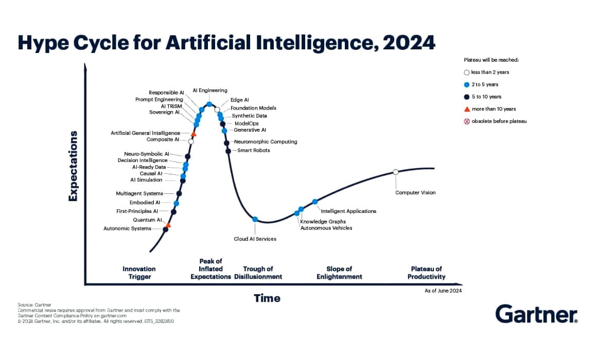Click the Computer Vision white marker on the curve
click(x=396, y=172)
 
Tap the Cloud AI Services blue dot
click(x=255, y=219)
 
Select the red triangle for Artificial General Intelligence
click(x=194, y=133)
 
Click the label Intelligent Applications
click(x=348, y=211)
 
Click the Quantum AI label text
click(x=147, y=220)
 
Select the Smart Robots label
click(x=253, y=150)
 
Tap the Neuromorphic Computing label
click(x=265, y=141)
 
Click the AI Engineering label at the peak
click(x=210, y=91)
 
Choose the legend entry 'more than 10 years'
click(x=494, y=109)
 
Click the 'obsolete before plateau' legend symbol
click(x=467, y=121)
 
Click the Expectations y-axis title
click(x=73, y=166)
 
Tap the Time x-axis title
click(x=267, y=298)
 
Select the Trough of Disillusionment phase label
click(x=258, y=273)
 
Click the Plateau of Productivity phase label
click(x=426, y=273)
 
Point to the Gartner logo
click(x=536, y=313)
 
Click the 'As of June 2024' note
click(x=443, y=291)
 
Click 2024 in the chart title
click(x=409, y=42)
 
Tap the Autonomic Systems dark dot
click(x=166, y=229)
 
